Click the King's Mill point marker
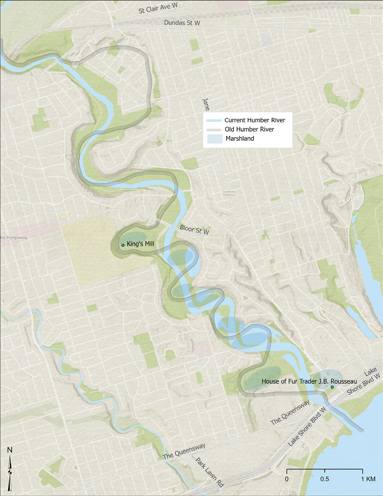[x=123, y=245]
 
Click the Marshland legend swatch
[x=215, y=139]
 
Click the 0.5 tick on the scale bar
[x=325, y=472]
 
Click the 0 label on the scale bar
[x=287, y=479]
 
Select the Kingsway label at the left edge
[x=8, y=237]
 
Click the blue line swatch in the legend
[x=215, y=120]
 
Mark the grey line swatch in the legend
[x=215, y=129]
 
